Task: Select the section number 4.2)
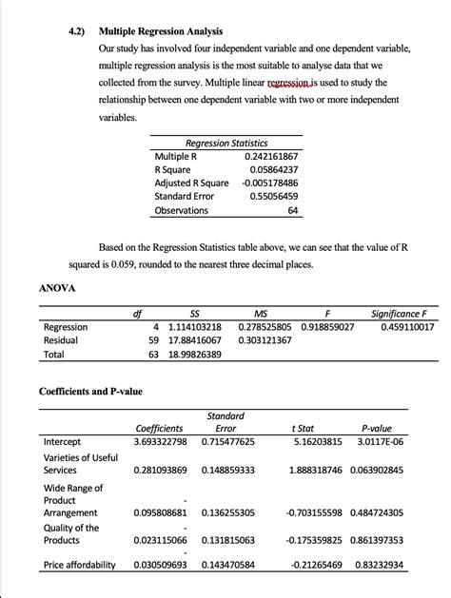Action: tap(78, 29)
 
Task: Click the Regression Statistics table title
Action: tap(225, 142)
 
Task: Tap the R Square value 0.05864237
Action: tap(273, 168)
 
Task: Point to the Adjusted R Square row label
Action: tap(191, 183)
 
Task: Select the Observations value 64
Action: tap(293, 210)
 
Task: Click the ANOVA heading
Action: tap(57, 286)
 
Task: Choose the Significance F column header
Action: tap(402, 313)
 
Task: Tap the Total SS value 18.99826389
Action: tap(194, 355)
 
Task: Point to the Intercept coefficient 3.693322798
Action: tap(161, 442)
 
